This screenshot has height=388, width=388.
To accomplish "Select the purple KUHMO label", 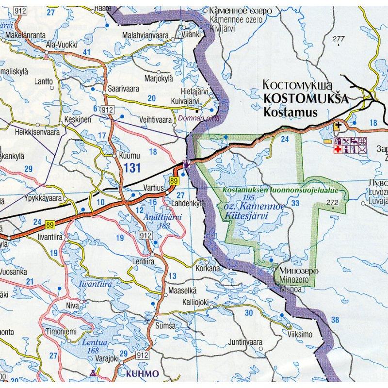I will point(142,374).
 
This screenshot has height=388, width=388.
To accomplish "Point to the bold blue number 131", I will point(132,168).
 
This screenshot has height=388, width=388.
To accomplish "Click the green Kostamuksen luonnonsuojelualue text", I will point(280,191).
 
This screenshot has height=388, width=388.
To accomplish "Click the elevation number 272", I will point(332,202).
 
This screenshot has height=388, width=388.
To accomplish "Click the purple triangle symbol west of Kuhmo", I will point(93,373).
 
